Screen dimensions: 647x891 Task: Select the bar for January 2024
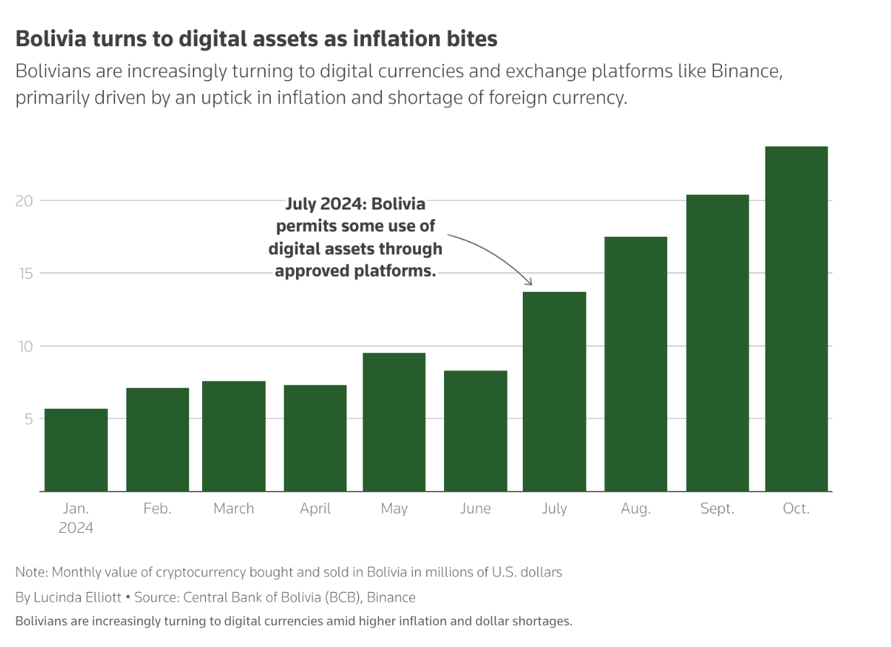pos(76,450)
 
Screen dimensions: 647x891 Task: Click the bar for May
pos(394,422)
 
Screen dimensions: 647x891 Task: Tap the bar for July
pos(554,391)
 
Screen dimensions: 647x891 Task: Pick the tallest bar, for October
pos(796,318)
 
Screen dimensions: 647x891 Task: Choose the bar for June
pos(475,430)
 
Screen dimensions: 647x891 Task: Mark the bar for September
pos(717,343)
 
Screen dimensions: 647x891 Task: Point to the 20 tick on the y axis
pos(25,201)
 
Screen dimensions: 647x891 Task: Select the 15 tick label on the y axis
pos(25,274)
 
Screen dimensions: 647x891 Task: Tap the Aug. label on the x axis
pos(635,509)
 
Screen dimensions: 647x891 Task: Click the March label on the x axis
pos(234,509)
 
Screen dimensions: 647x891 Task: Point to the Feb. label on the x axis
pos(157,509)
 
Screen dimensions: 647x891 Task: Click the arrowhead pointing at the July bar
pos(530,282)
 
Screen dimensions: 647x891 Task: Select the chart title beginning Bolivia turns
pos(256,38)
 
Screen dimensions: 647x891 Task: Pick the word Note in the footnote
pos(29,572)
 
